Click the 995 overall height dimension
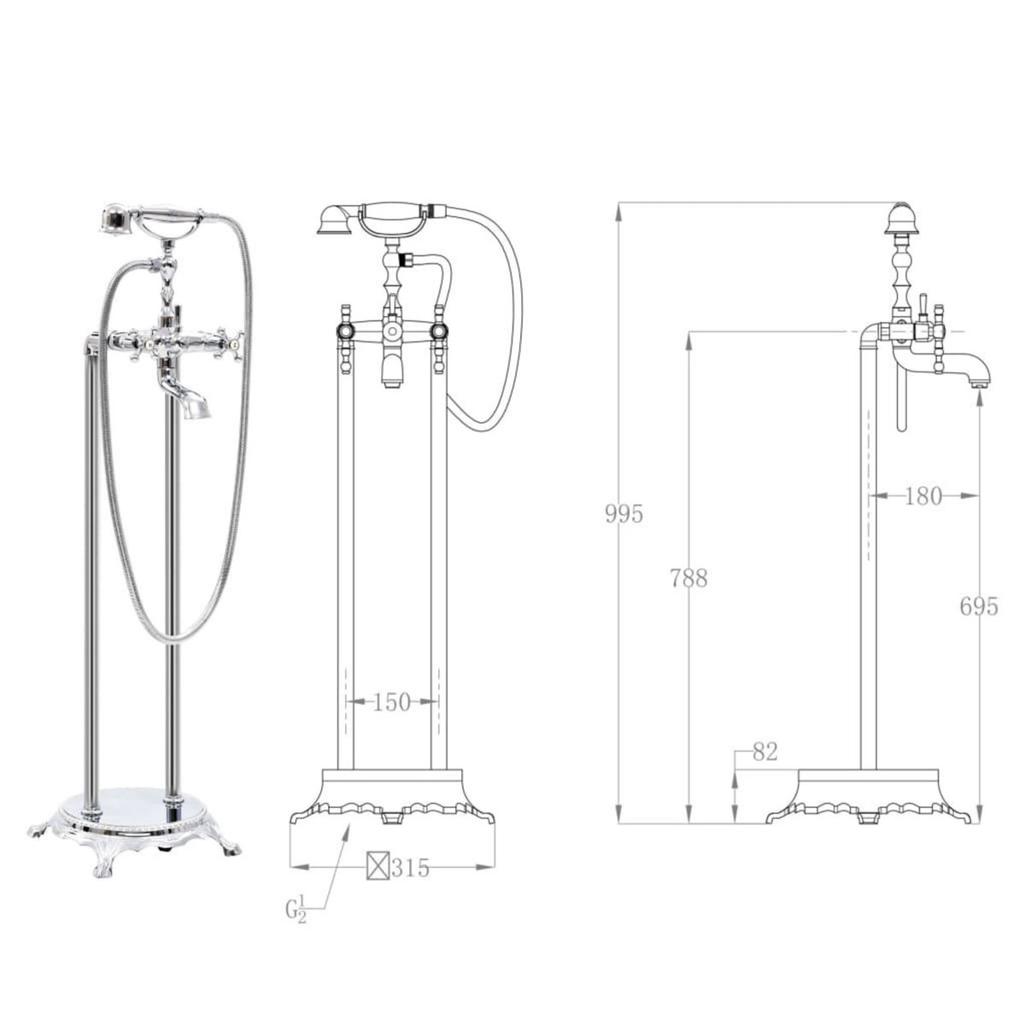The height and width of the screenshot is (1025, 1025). point(623,514)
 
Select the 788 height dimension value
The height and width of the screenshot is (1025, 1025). point(688,578)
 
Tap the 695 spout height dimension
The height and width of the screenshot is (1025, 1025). point(979,606)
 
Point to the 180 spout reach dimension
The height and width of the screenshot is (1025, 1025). point(922,496)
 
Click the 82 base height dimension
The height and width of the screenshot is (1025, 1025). point(764,752)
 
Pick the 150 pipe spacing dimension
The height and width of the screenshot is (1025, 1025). point(392,702)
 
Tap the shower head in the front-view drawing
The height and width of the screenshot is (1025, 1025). point(330,220)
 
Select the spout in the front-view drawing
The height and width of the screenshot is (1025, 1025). point(391,367)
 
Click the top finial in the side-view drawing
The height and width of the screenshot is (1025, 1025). point(904,215)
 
